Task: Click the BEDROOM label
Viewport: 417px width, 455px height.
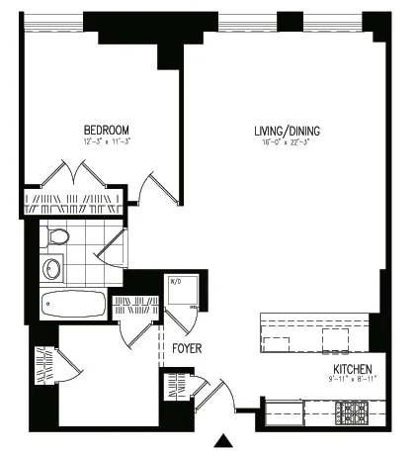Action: [x=106, y=130]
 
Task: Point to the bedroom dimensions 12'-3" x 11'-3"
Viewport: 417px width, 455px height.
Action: [x=106, y=142]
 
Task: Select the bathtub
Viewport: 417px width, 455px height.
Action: [x=74, y=304]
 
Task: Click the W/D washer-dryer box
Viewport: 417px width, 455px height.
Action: [x=185, y=292]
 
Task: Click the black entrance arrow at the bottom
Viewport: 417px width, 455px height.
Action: [x=226, y=442]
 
